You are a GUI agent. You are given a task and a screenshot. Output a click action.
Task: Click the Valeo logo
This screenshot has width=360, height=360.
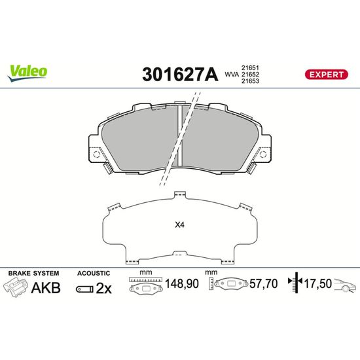pos(27,73)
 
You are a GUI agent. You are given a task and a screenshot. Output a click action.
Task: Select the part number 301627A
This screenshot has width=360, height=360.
pos(180,75)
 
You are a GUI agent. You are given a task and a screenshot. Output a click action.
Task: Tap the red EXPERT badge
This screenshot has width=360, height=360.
pos(326,75)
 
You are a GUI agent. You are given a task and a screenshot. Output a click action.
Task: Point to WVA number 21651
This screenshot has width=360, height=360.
pos(250,67)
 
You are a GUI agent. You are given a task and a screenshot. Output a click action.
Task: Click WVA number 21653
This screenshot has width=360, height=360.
pos(250,81)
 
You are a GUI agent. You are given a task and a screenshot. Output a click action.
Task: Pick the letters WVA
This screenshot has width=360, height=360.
pos(232,75)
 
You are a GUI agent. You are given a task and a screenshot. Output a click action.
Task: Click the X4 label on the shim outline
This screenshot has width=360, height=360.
pos(179,225)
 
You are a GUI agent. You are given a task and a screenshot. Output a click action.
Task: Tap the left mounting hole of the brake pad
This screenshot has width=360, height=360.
pos(96,154)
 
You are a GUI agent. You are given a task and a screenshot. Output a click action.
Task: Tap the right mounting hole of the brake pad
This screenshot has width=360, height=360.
pos(263,154)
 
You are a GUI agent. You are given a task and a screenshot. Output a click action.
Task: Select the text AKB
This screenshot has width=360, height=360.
pos(46,288)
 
